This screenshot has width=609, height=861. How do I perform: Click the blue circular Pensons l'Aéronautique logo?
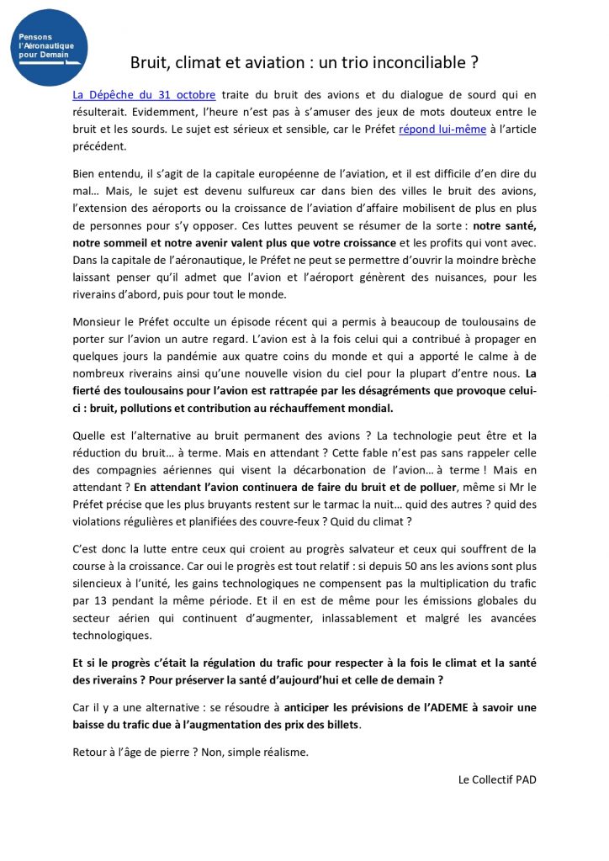50,47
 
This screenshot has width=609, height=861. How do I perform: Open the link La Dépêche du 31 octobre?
144,95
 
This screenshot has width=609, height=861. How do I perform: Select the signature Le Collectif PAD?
497,779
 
